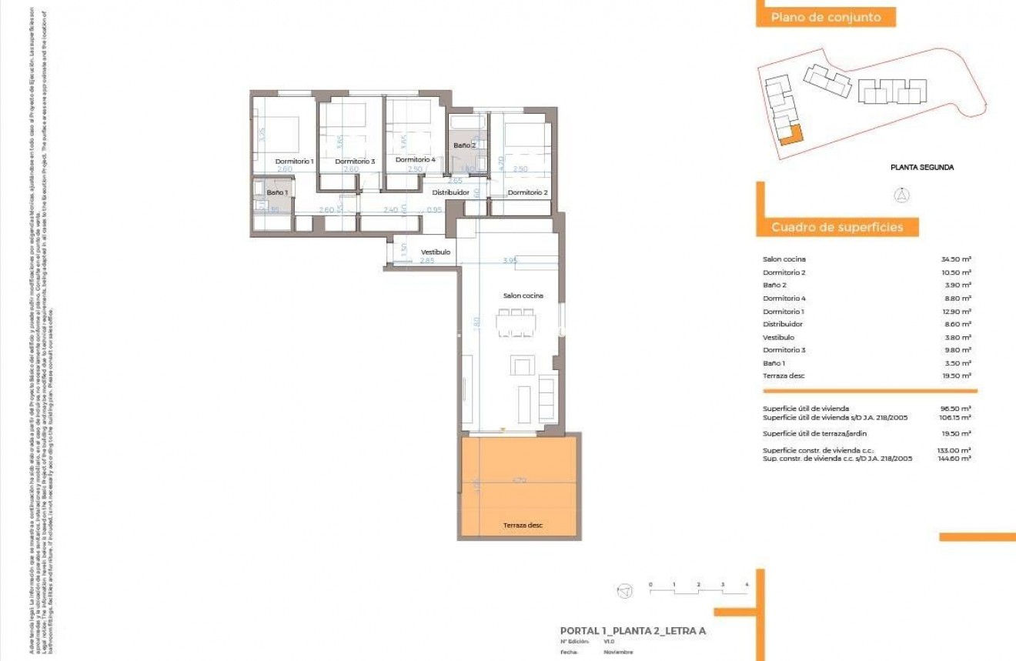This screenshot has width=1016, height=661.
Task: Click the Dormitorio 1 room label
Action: (295, 161)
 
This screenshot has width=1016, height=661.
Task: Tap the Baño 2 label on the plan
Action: (464, 145)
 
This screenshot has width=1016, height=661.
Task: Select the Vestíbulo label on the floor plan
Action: (436, 252)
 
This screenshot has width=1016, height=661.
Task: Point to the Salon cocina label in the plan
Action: (523, 295)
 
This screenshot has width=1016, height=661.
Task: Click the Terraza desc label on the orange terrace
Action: (523, 525)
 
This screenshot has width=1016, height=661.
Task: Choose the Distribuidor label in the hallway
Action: (450, 192)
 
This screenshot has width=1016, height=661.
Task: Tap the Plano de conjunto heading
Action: (825, 17)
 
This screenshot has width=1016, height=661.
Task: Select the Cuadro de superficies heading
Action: (837, 227)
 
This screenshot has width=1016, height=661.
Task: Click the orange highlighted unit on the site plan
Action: (791, 135)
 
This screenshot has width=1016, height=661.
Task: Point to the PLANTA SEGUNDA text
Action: (922, 167)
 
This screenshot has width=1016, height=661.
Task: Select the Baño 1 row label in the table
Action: (774, 362)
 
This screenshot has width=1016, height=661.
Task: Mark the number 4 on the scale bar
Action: (747, 585)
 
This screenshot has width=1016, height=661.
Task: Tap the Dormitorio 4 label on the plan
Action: (415, 160)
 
